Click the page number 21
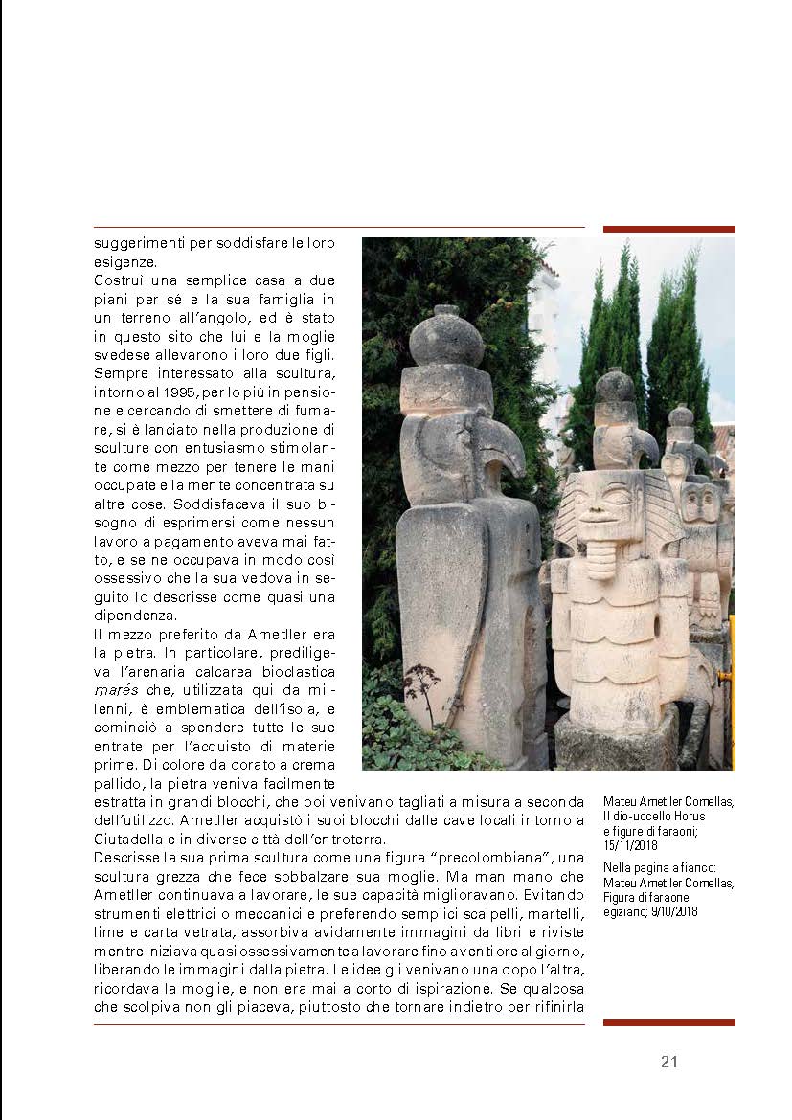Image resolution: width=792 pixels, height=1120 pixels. point(669,1061)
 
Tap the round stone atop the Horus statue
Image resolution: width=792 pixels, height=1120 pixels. point(445,338)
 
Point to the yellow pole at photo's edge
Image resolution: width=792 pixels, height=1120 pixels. point(732,689)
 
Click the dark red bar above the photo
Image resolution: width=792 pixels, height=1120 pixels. point(668,230)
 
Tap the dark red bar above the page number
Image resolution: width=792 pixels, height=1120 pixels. point(668,1023)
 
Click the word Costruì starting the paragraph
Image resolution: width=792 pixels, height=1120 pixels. point(118,280)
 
